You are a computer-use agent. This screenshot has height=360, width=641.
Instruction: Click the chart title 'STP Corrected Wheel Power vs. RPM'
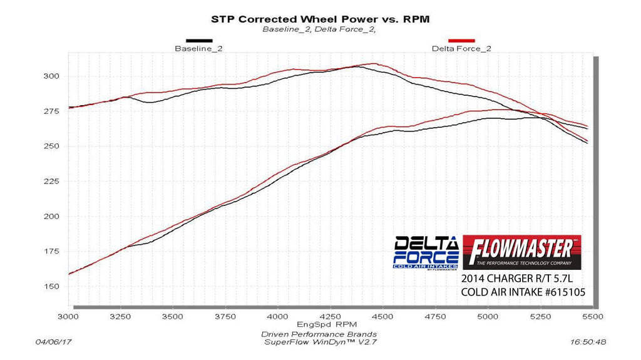click(x=320, y=19)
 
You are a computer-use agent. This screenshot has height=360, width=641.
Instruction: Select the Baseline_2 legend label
click(x=198, y=49)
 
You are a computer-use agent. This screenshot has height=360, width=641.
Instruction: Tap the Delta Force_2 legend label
click(x=453, y=49)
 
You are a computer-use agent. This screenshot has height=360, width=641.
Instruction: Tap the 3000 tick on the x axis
click(x=68, y=317)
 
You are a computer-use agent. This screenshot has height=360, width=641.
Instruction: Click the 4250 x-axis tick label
click(x=330, y=317)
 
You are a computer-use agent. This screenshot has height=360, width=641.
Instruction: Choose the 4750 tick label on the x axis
click(x=434, y=317)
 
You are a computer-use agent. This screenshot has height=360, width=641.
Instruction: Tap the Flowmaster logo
click(x=522, y=252)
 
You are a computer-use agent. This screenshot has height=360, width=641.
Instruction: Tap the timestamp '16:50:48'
click(x=588, y=342)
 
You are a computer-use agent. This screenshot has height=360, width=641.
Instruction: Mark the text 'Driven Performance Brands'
click(x=319, y=334)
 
